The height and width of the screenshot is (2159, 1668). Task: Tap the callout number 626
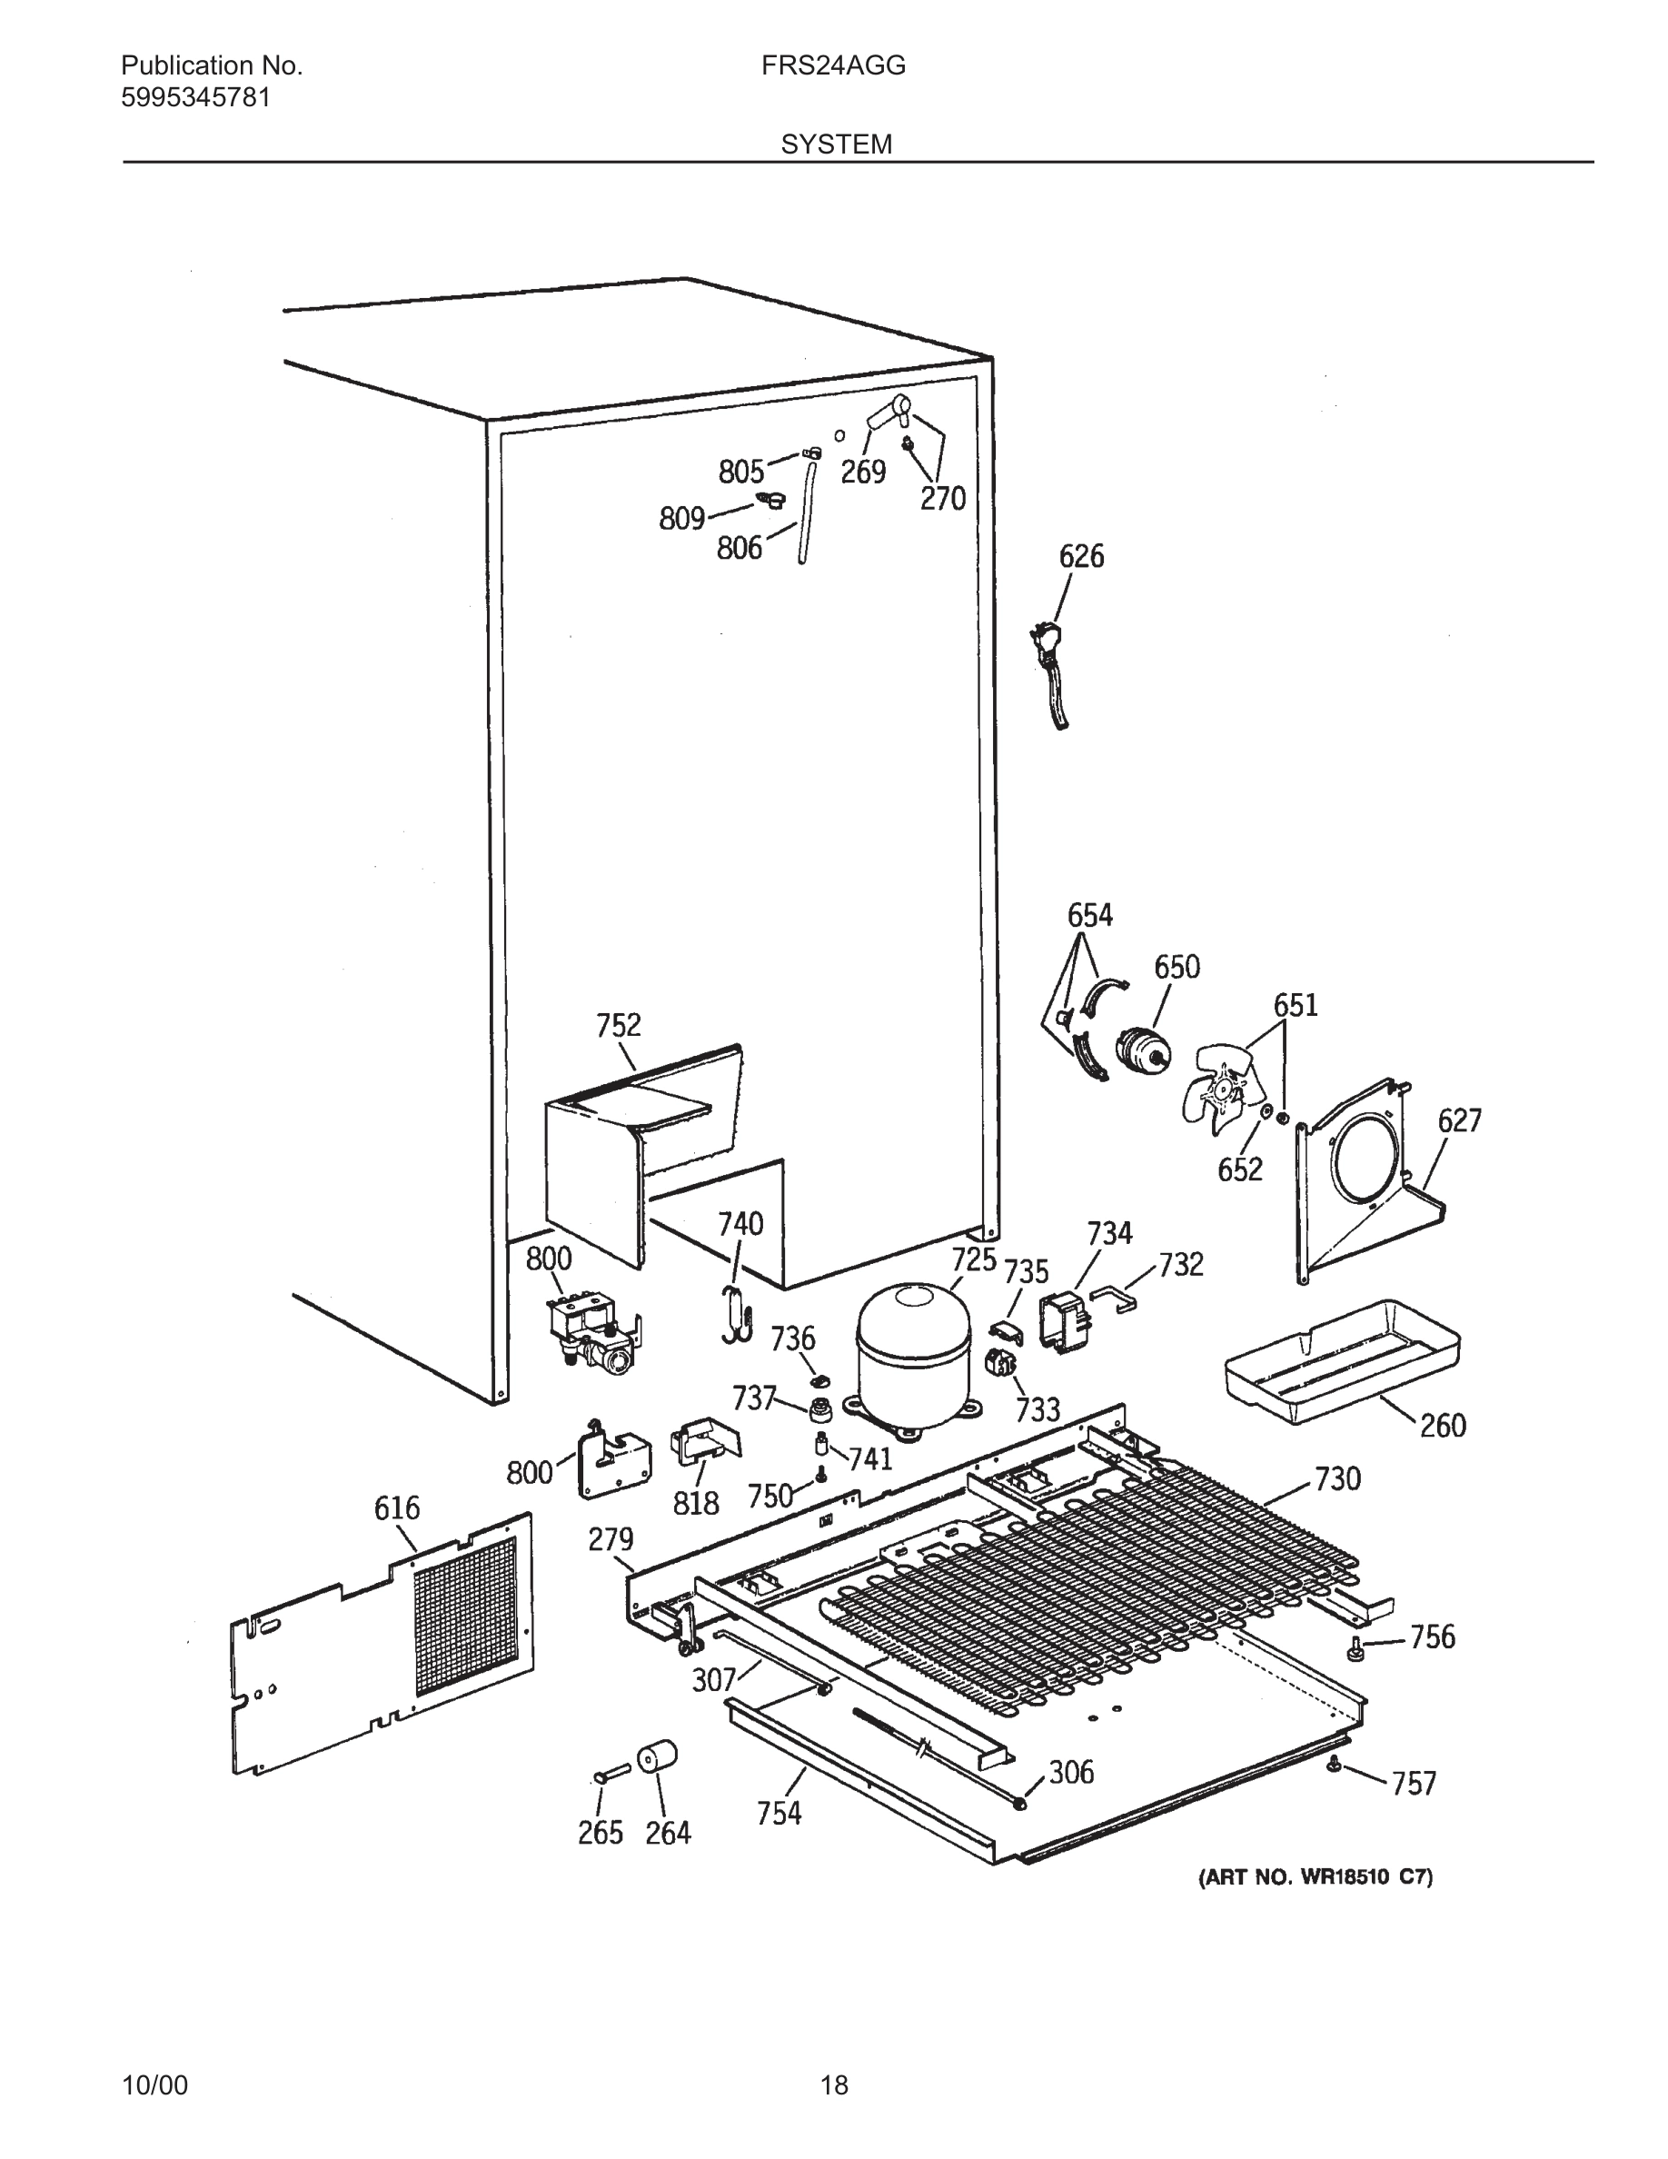1081,556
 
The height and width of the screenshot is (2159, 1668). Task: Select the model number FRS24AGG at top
833,66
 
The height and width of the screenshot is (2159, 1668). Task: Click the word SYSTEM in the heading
836,144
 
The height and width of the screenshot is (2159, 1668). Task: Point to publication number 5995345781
195,98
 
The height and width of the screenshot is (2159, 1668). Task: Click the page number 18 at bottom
834,2084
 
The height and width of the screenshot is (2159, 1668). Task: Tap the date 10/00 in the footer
154,2084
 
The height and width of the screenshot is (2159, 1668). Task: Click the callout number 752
619,1025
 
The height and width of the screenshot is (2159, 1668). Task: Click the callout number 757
1413,1784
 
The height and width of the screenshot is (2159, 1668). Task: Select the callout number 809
681,518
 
